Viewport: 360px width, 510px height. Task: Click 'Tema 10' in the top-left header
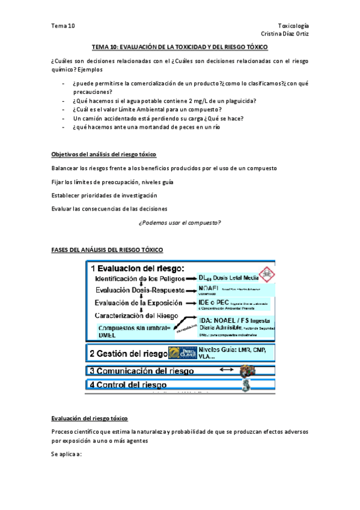pos(63,26)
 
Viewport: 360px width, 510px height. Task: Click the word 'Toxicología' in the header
pos(294,26)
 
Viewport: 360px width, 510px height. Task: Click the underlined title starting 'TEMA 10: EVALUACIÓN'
pos(180,47)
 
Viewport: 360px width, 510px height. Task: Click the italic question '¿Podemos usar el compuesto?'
pos(180,223)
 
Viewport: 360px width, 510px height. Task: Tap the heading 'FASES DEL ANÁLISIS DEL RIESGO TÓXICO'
pos(107,249)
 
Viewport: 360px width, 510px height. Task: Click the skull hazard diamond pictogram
pos(264,273)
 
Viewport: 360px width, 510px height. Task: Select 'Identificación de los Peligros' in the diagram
pos(141,278)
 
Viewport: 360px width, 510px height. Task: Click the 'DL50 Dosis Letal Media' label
pos(228,278)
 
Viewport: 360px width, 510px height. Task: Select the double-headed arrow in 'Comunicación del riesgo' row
pos(227,370)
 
